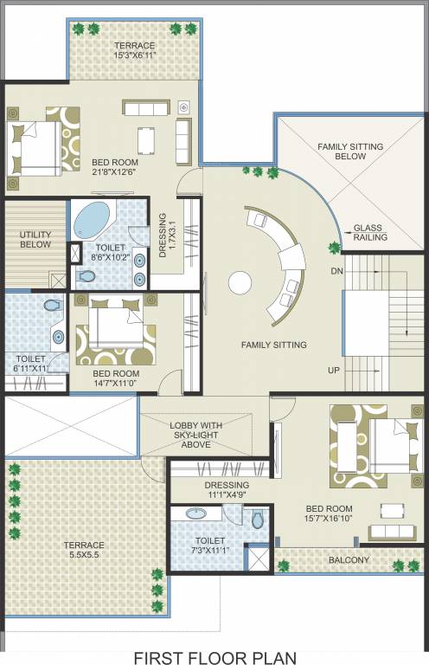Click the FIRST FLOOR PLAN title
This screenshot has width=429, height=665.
(214, 658)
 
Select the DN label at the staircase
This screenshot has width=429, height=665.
(337, 271)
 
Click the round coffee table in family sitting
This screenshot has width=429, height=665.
(240, 282)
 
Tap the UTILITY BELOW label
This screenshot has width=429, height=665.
(35, 239)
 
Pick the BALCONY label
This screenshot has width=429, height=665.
(349, 560)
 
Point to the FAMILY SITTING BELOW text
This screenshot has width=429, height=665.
(349, 152)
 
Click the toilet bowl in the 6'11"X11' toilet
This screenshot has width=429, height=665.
(51, 306)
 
